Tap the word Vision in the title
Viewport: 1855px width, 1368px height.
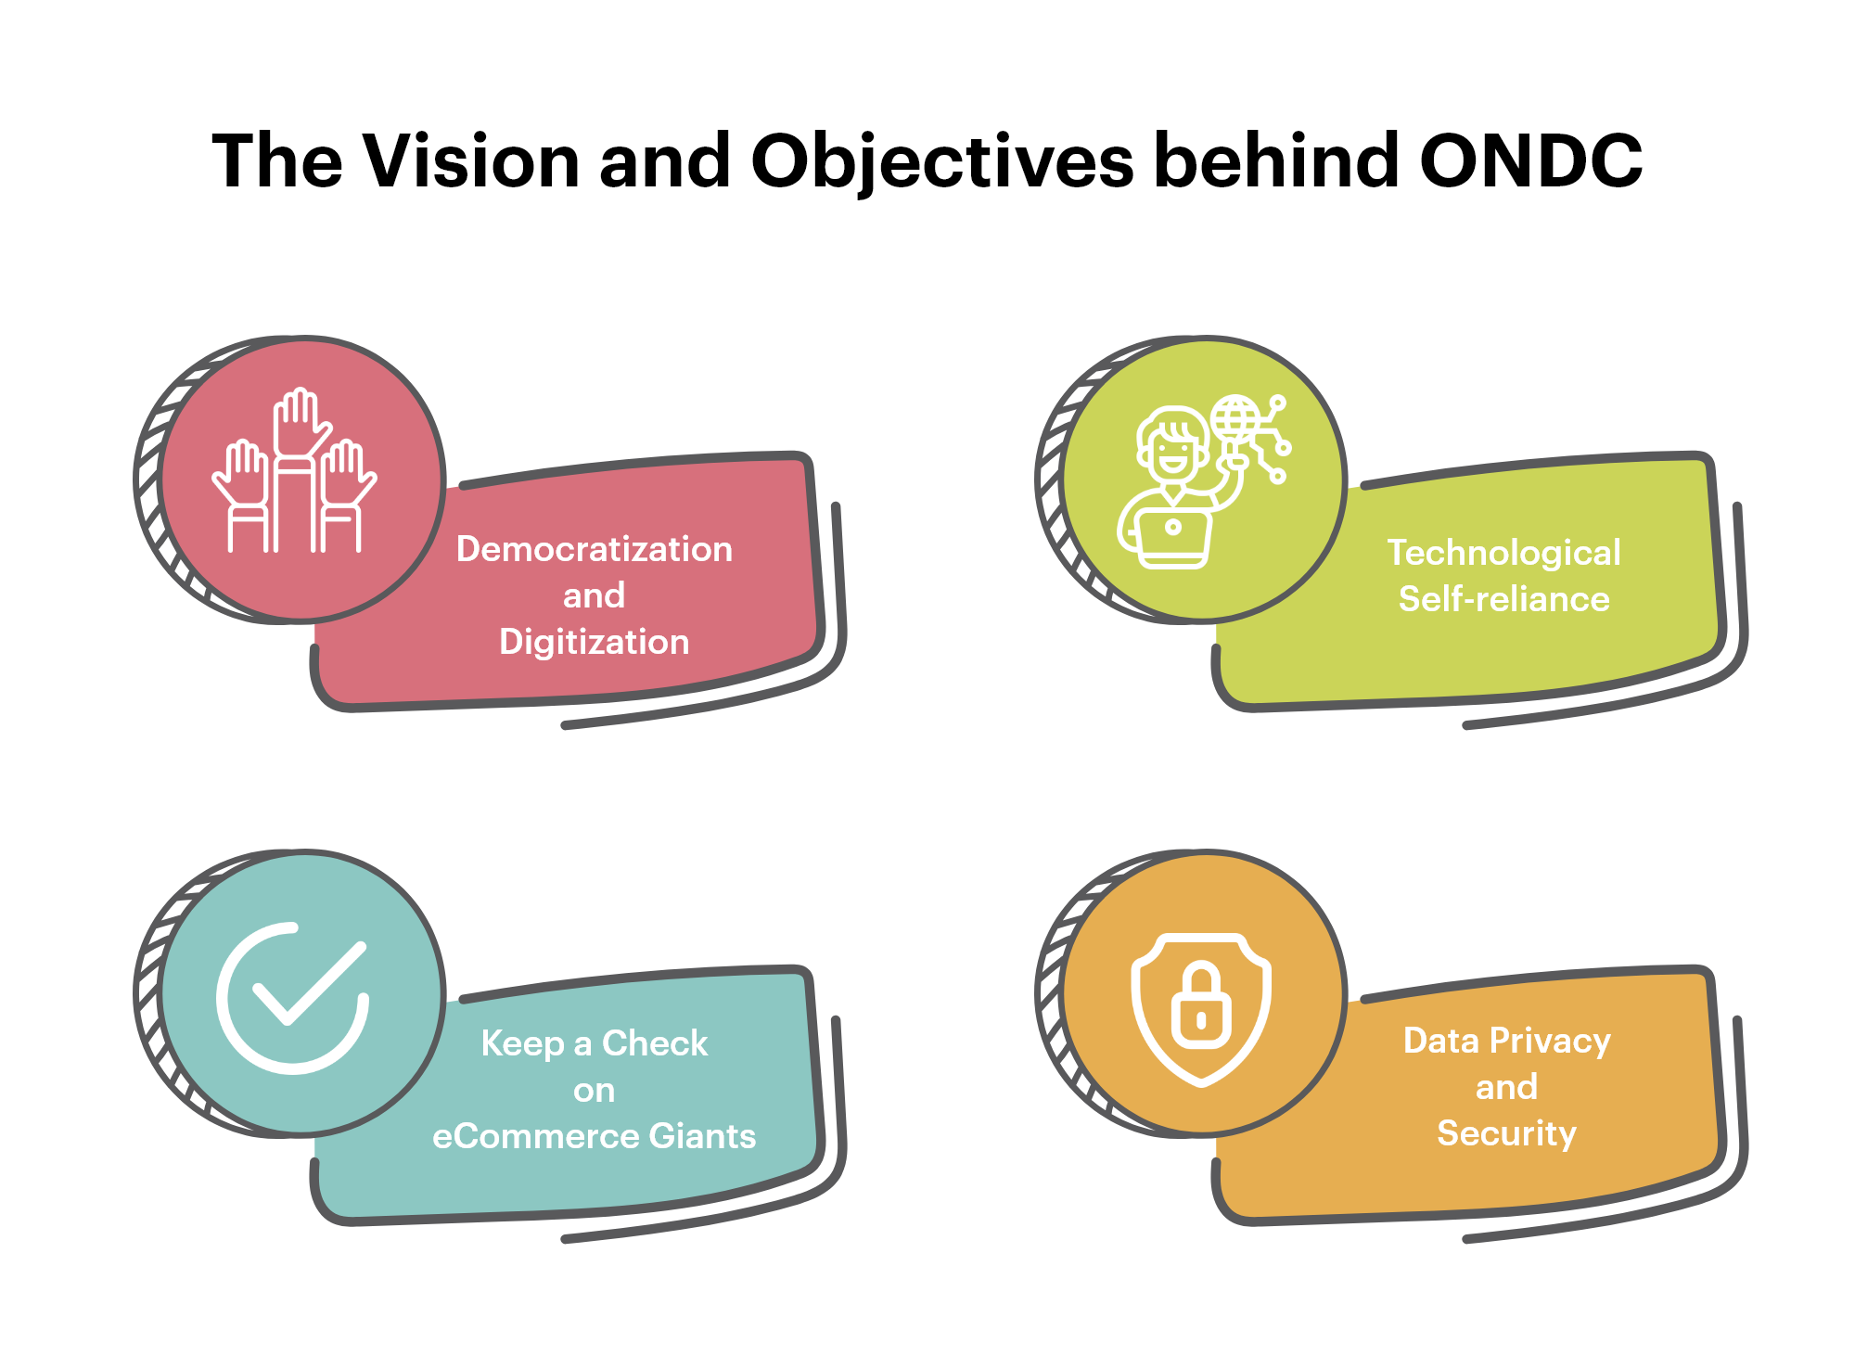[470, 160]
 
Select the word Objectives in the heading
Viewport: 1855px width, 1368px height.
[941, 162]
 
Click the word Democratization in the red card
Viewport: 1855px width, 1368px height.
[594, 549]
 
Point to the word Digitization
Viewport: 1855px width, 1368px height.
[594, 642]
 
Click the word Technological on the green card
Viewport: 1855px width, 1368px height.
[1503, 553]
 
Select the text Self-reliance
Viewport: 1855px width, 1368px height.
[1503, 599]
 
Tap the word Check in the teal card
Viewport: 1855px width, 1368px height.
[655, 1043]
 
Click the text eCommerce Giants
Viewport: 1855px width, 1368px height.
[594, 1136]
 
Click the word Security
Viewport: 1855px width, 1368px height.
[1506, 1133]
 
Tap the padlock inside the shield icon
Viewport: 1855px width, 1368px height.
[1201, 1008]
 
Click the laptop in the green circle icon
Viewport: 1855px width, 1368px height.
[1173, 538]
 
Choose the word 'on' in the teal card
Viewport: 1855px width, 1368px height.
[594, 1091]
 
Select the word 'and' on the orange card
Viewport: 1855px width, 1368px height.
[1506, 1087]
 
